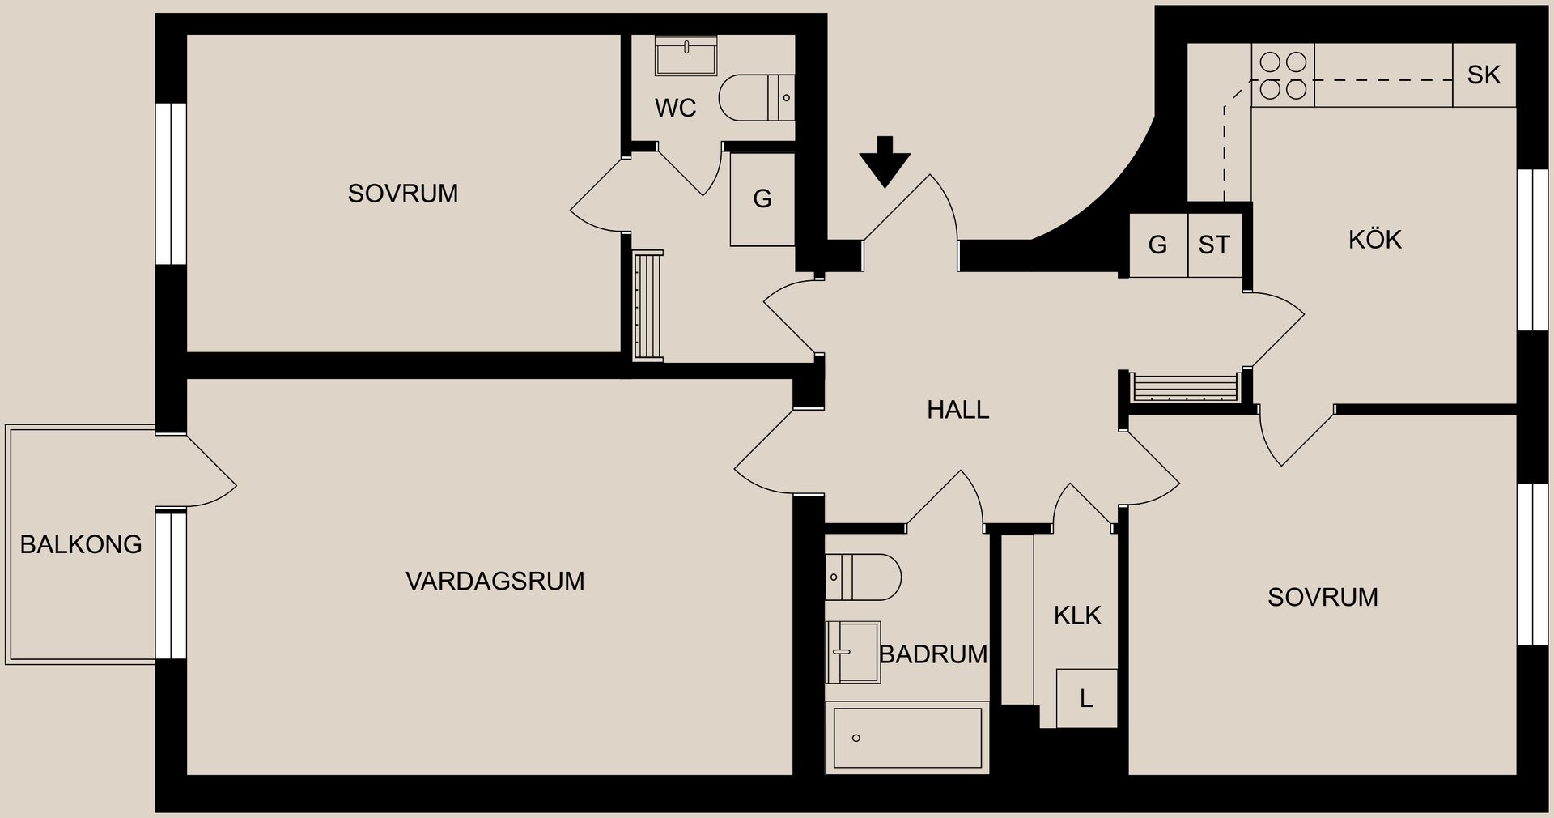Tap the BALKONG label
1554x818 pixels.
(81, 544)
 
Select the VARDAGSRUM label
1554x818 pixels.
(495, 582)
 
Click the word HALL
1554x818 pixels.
(957, 410)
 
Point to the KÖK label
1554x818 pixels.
(1374, 240)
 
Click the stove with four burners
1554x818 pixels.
(1283, 75)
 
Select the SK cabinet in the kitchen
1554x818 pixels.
(1484, 75)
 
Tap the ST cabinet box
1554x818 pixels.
(1214, 245)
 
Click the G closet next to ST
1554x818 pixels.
(1158, 245)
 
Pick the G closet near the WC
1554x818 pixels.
(762, 199)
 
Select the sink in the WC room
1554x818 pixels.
(686, 55)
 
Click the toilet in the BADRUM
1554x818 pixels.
(864, 577)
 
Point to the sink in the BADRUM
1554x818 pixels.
(852, 652)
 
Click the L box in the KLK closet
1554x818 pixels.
(1086, 698)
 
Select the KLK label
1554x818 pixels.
(1077, 616)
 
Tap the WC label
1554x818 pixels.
(675, 109)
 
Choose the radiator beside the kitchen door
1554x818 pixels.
(1186, 387)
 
